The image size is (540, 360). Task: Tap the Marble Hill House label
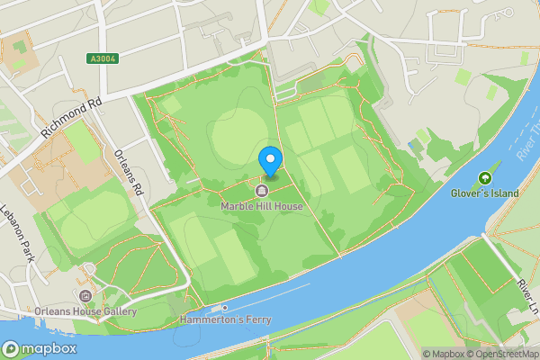click(262, 206)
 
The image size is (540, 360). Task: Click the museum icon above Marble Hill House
click(262, 191)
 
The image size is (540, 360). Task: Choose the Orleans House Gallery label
click(85, 311)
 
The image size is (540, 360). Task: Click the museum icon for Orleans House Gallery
click(85, 296)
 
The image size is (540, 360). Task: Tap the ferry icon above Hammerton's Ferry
click(226, 308)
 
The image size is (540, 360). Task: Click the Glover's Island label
click(486, 192)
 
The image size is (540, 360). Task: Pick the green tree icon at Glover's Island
click(486, 177)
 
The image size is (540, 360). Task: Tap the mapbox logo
click(40, 349)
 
